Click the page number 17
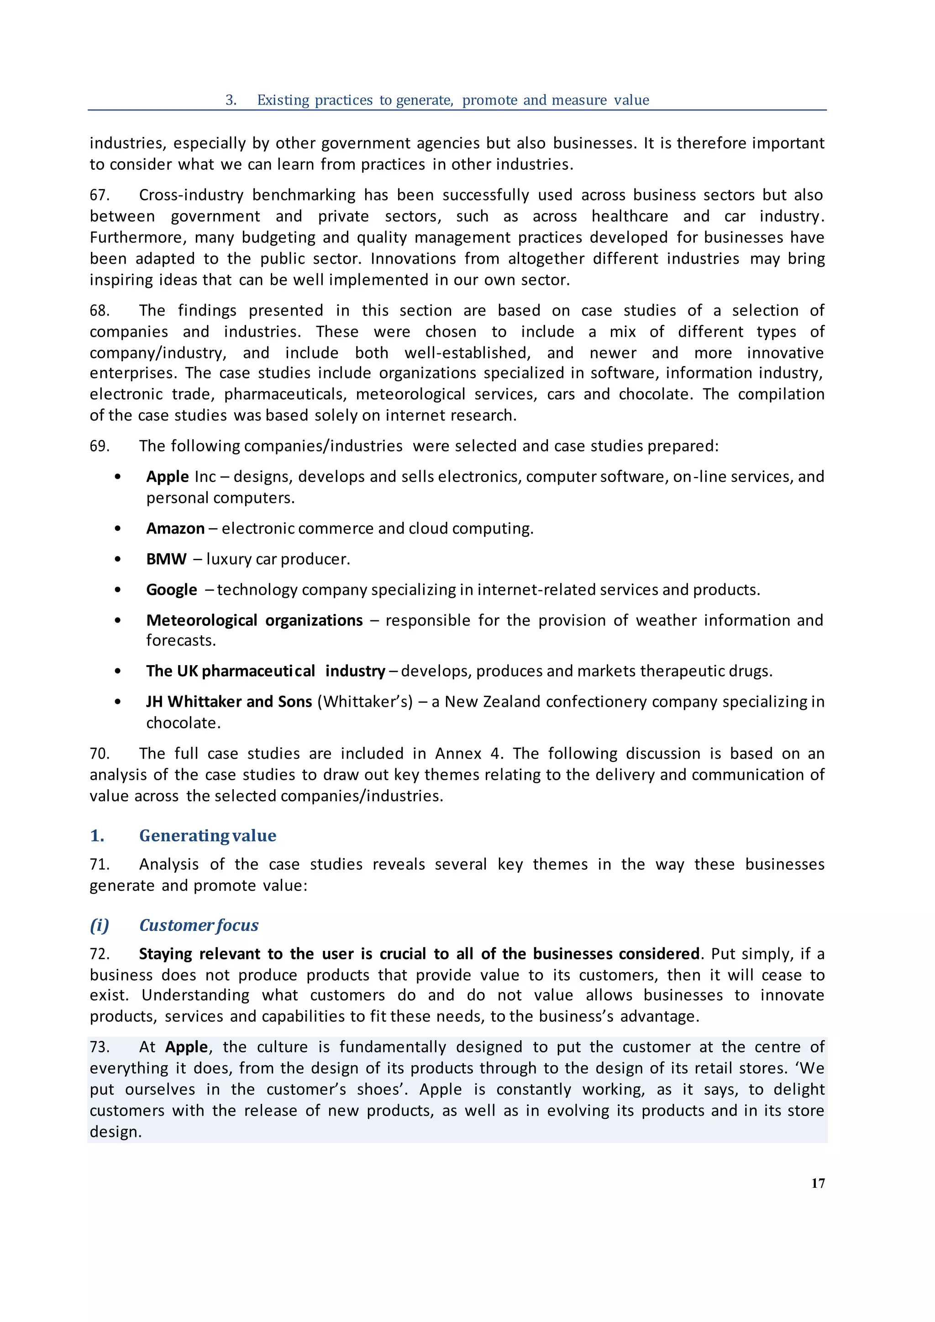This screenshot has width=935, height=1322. [x=818, y=1183]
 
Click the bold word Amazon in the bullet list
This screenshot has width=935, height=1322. [x=175, y=529]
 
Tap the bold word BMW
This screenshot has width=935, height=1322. [x=166, y=559]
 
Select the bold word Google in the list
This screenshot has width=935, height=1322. [x=172, y=590]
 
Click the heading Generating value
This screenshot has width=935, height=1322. [x=207, y=835]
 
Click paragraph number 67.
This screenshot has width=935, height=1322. [x=100, y=195]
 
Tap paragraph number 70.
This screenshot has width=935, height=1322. [x=100, y=754]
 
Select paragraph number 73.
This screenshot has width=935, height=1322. [x=100, y=1047]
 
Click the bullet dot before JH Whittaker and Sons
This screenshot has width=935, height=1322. [x=118, y=702]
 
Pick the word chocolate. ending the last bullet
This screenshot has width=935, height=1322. [x=183, y=723]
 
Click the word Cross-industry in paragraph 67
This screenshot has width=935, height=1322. [x=190, y=195]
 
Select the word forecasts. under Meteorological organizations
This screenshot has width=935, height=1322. [x=181, y=640]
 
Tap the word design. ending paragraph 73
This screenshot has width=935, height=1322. [x=115, y=1132]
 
